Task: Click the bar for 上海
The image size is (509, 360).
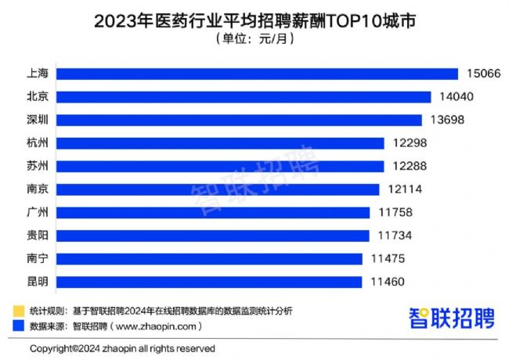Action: pos(258,74)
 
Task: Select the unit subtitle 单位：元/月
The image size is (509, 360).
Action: pos(254,39)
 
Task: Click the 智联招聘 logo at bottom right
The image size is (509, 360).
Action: pos(452,318)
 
